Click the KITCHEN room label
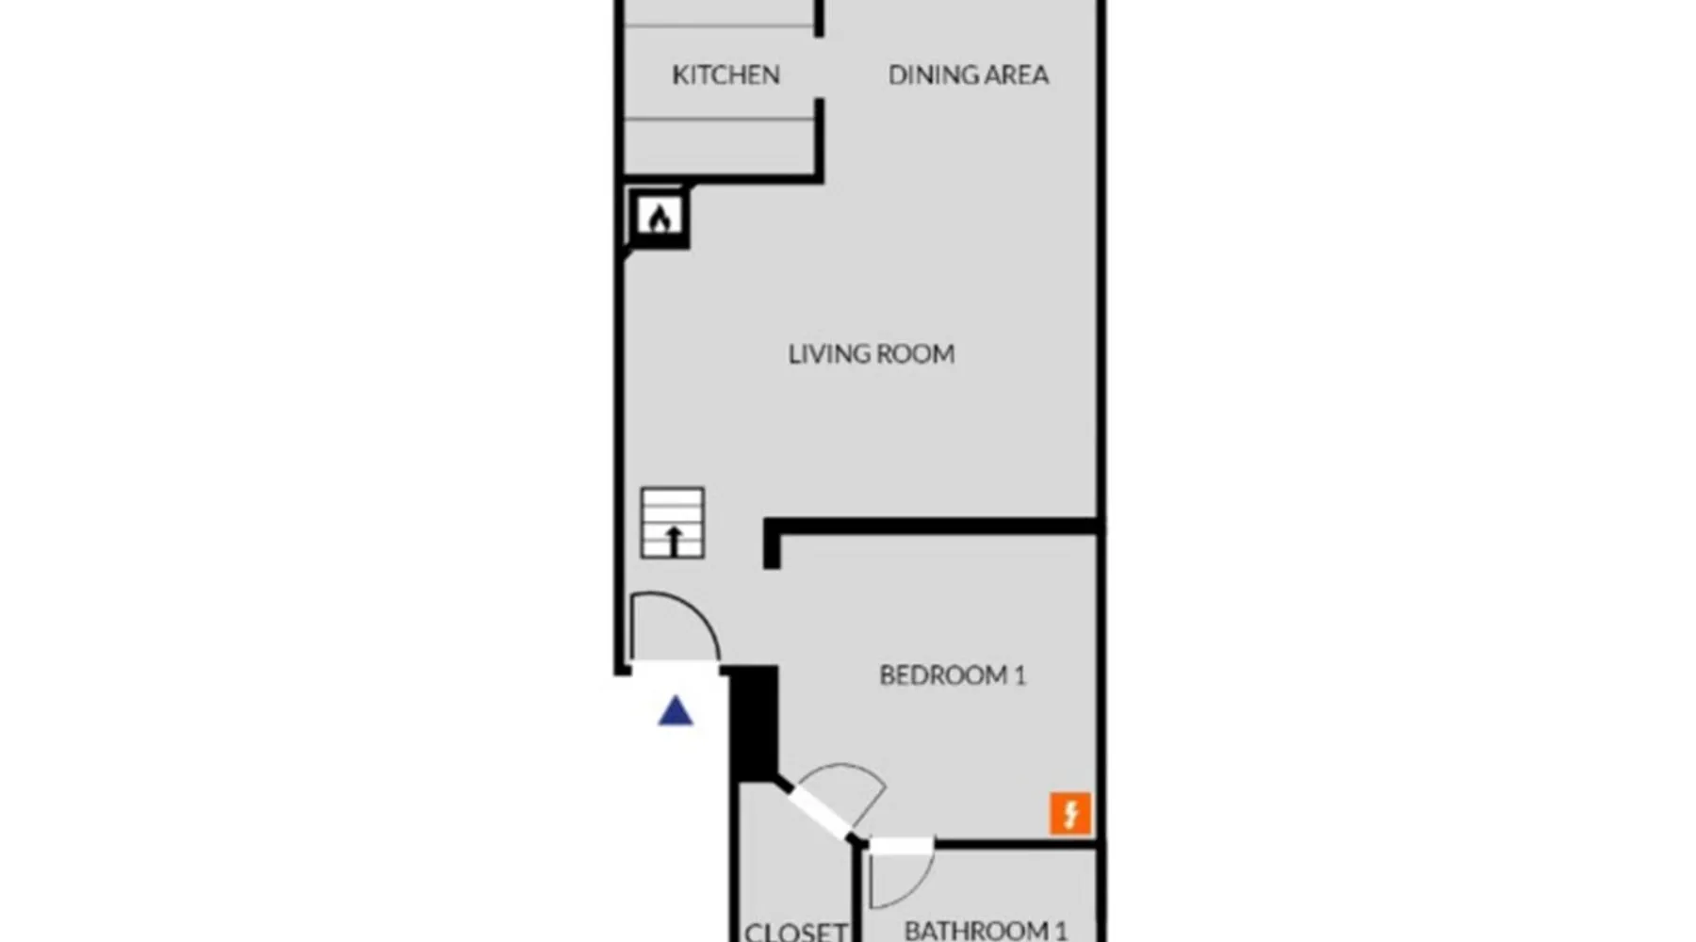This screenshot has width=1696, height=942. (x=726, y=74)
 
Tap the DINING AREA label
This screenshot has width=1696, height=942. (x=968, y=74)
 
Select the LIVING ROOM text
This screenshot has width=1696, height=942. (x=872, y=354)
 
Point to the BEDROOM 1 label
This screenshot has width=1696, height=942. (x=953, y=675)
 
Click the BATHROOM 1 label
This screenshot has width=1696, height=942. (x=986, y=931)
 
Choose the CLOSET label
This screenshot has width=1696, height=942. (x=796, y=932)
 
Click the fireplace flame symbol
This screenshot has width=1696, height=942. (x=660, y=218)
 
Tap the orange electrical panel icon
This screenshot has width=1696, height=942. (x=1070, y=814)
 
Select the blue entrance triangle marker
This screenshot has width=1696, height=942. (x=676, y=710)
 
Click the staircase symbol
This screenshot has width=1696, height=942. (x=673, y=523)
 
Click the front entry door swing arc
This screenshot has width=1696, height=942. (x=695, y=609)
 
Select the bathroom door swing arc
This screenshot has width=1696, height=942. (x=914, y=885)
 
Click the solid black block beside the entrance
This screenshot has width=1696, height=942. (x=753, y=723)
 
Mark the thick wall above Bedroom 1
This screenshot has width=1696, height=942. (x=933, y=528)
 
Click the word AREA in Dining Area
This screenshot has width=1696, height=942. (x=1011, y=74)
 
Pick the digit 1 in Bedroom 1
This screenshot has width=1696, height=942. (x=1019, y=675)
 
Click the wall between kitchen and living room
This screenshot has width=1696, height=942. (x=724, y=177)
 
